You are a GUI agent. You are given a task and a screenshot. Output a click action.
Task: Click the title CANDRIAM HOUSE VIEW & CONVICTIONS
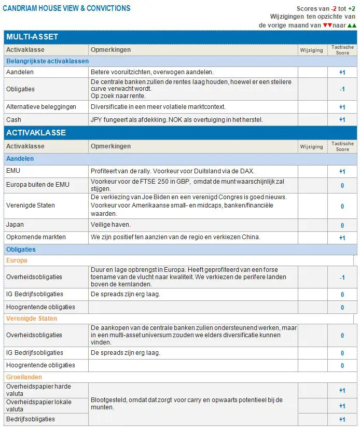click(67, 8)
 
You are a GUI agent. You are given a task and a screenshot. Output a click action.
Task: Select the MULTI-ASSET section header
click(32, 37)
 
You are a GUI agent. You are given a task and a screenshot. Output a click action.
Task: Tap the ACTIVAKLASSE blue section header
click(36, 132)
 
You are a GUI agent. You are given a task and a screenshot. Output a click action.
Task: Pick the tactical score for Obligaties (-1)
click(342, 89)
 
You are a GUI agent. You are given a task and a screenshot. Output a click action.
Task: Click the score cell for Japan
click(342, 226)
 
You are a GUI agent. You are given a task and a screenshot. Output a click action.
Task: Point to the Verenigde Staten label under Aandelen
click(30, 205)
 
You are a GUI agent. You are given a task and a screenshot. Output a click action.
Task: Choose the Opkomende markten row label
click(29, 237)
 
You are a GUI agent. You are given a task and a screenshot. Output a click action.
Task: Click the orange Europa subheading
click(17, 260)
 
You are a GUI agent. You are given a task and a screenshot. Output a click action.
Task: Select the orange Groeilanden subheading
click(24, 377)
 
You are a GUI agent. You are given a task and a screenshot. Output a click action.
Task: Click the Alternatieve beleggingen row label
click(41, 107)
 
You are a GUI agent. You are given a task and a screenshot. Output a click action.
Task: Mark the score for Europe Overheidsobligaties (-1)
click(342, 278)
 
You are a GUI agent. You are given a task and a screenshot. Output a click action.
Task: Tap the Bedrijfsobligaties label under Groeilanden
click(31, 419)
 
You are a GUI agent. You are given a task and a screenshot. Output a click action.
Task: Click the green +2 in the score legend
click(351, 9)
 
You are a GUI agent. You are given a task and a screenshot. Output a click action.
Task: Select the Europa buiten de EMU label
click(37, 185)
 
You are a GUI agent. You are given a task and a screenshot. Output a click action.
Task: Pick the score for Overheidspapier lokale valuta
click(342, 406)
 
